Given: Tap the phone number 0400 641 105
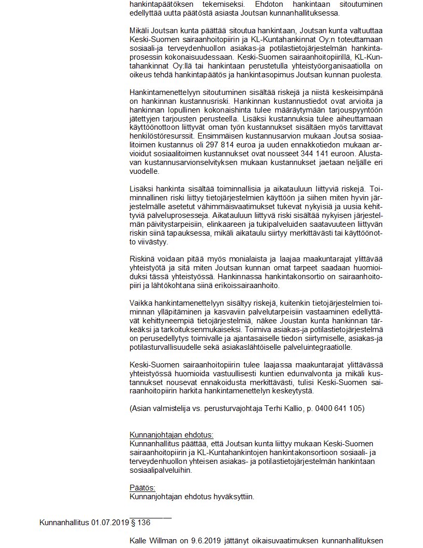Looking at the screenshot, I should pos(341,408).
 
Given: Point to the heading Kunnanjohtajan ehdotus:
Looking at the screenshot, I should pos(171,434).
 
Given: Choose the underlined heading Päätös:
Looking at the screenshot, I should pos(142,487).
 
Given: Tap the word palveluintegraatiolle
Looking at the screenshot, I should pos(315,347).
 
